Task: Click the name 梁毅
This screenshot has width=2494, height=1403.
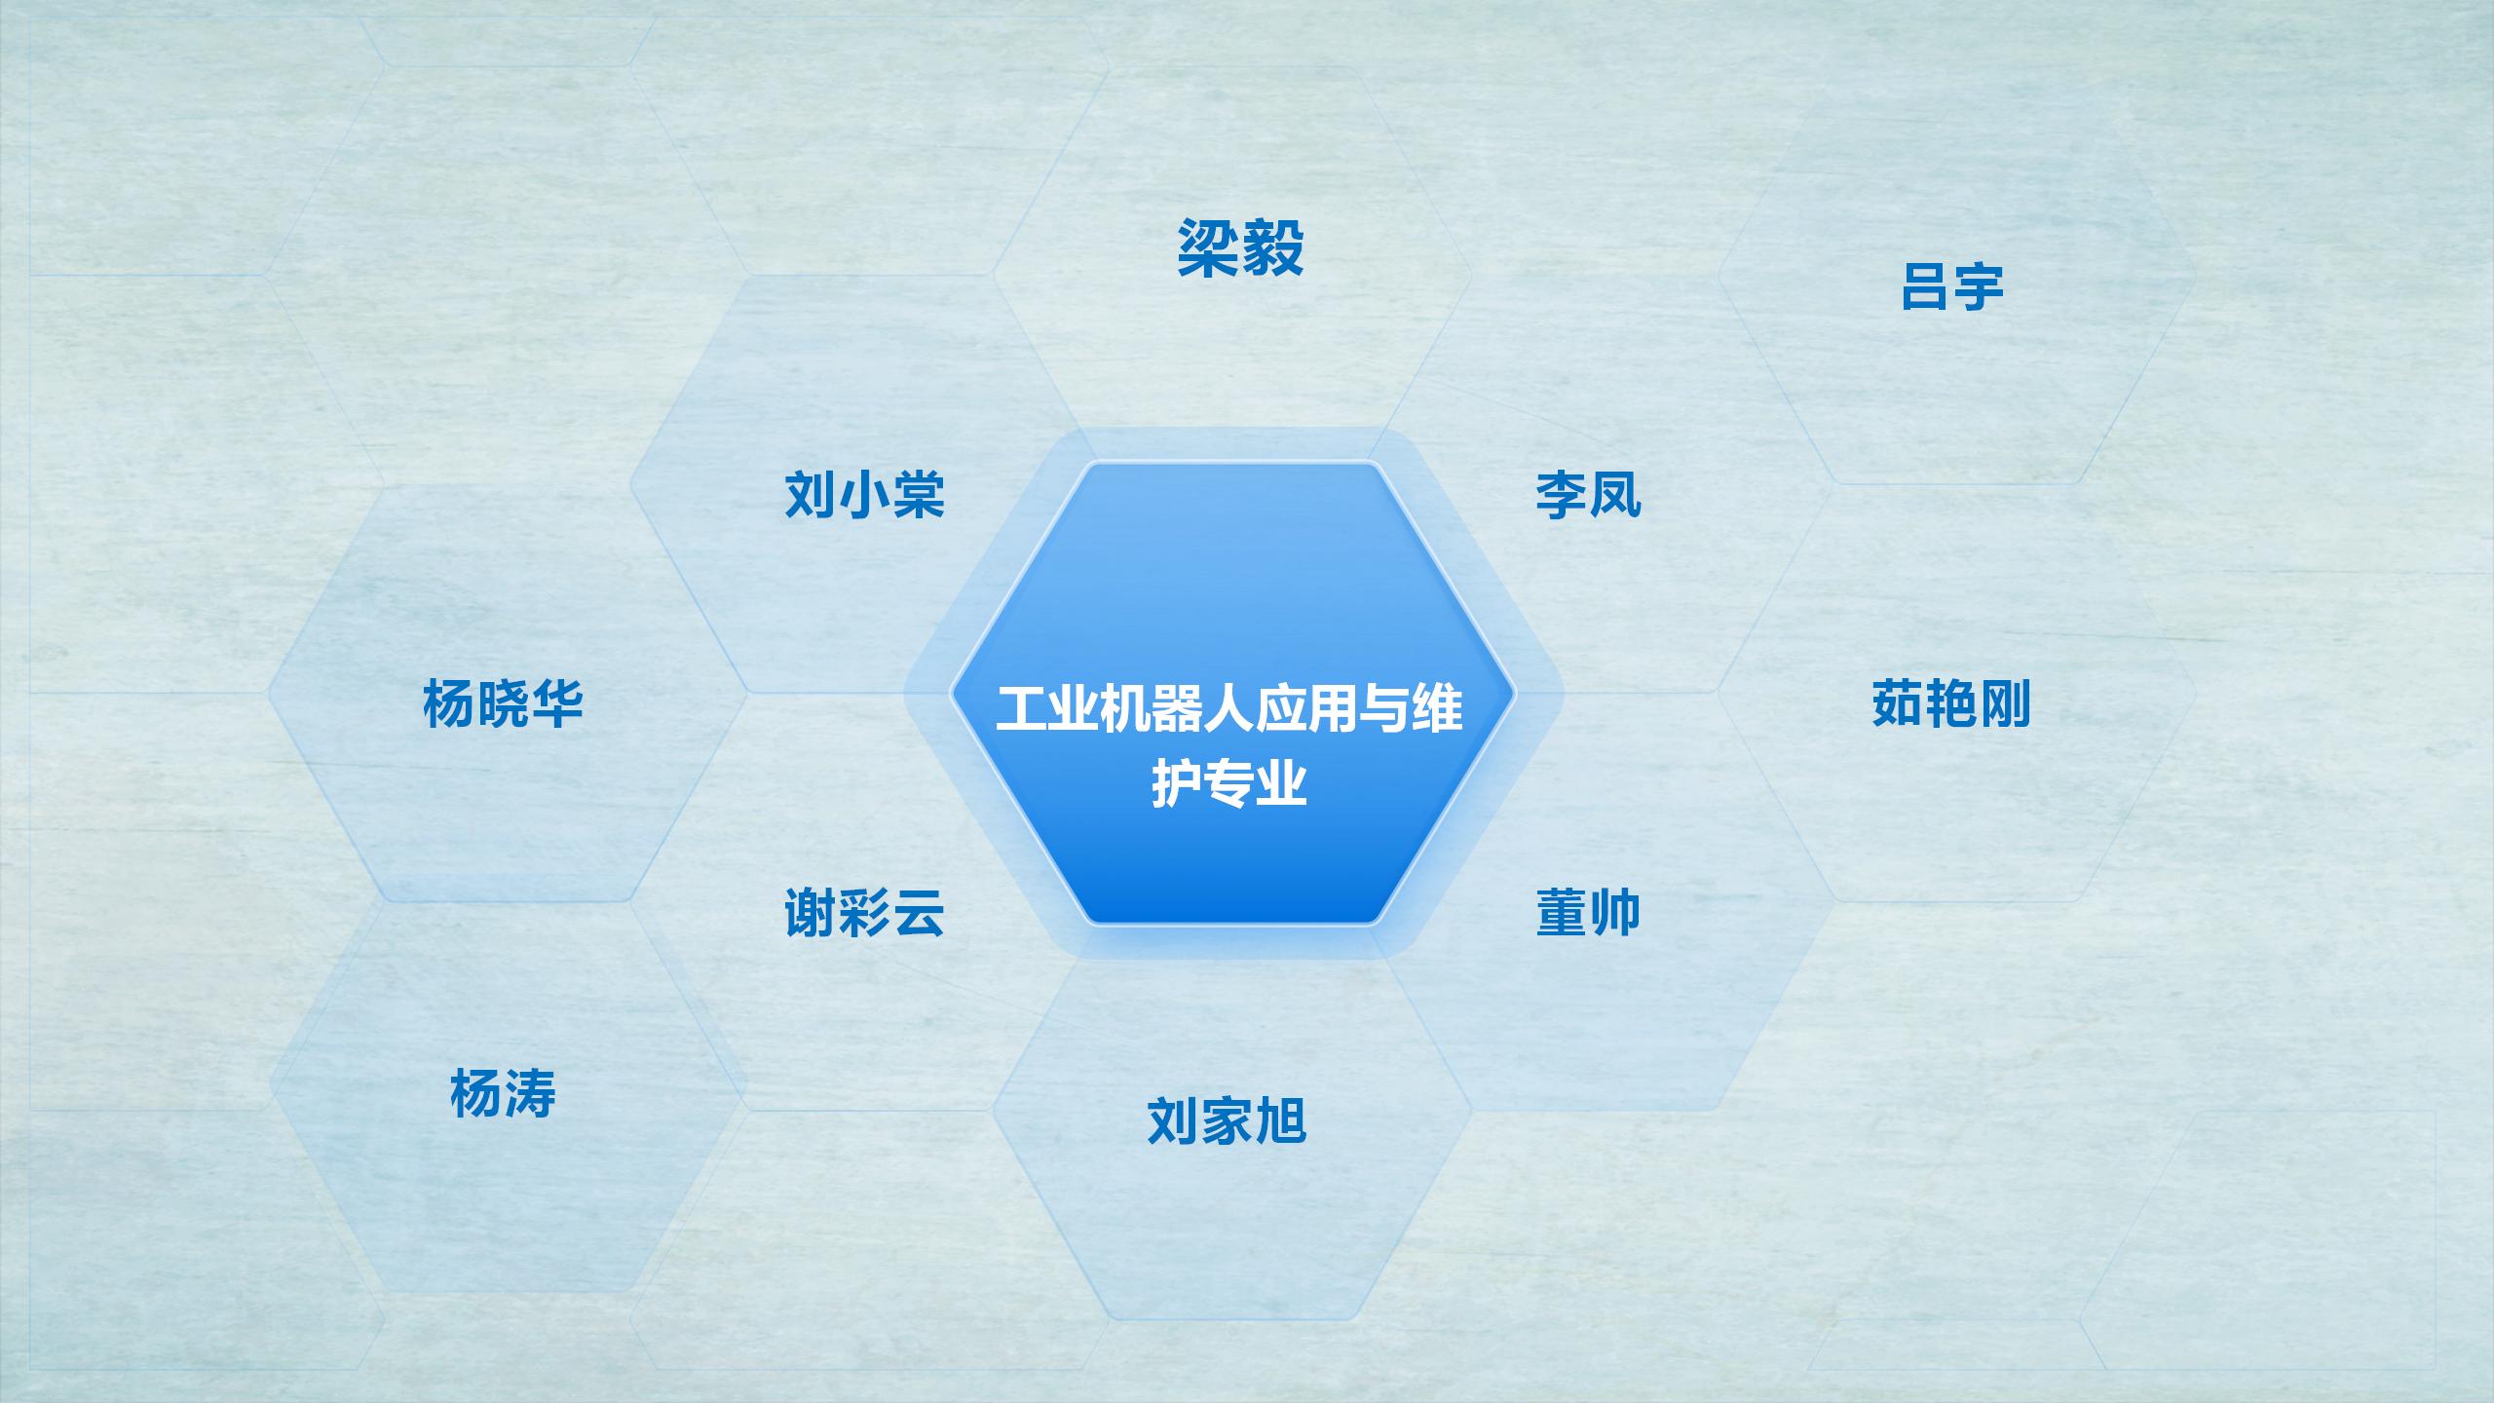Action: [x=1240, y=248]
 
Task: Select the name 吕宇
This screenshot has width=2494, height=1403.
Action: [x=1951, y=286]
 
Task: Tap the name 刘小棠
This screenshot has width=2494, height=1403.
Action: [x=865, y=495]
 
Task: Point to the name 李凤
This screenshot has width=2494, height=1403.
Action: [x=1588, y=495]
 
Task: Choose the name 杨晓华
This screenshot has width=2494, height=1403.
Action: [x=503, y=703]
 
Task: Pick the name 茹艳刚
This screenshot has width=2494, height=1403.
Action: [x=1951, y=703]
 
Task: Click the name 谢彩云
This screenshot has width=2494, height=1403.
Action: [x=865, y=913]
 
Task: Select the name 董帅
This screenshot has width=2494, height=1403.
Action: [x=1588, y=913]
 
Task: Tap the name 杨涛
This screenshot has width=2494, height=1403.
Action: [x=503, y=1093]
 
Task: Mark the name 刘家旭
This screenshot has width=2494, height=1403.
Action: [x=1227, y=1120]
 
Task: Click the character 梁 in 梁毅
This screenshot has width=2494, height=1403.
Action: [x=1209, y=248]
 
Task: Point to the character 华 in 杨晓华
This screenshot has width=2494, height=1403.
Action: [x=556, y=703]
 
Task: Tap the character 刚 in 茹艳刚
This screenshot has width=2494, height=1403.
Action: [x=2004, y=703]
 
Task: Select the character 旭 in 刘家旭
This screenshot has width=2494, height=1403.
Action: [x=1280, y=1120]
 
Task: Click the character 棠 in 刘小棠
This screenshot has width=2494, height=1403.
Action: [x=919, y=495]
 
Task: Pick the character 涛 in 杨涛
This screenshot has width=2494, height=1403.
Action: [x=529, y=1093]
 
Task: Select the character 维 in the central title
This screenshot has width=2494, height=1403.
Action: [x=1437, y=708]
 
